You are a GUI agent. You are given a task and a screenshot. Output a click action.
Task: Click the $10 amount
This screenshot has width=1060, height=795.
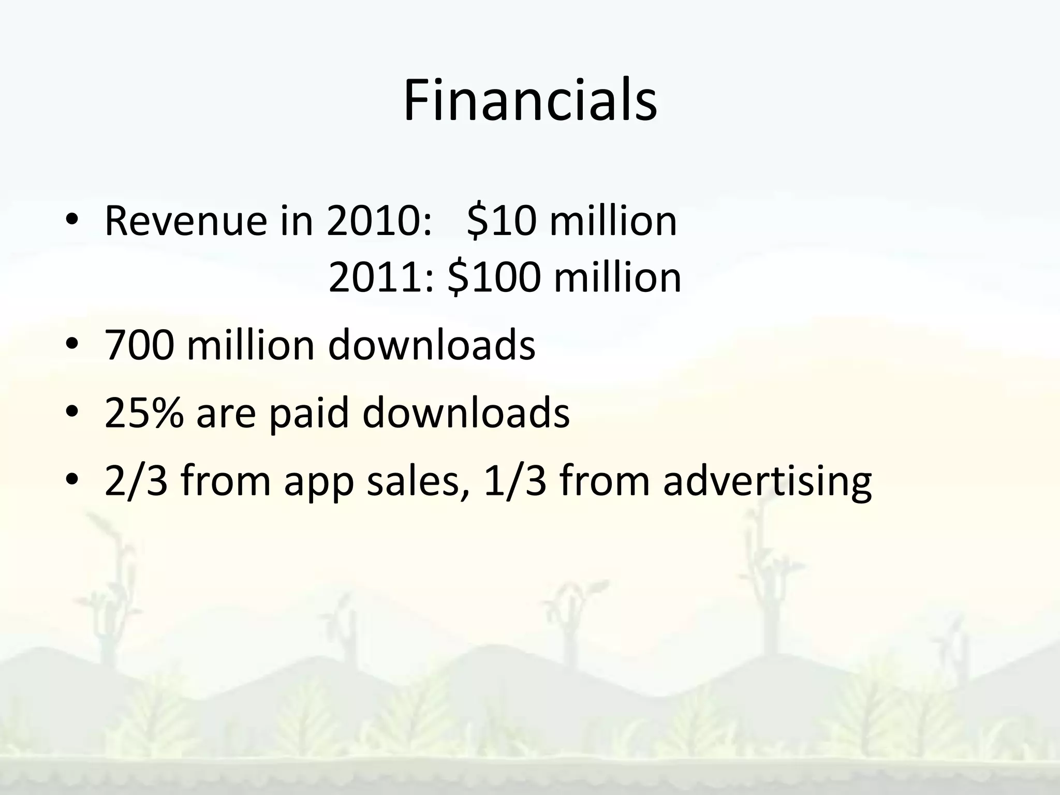point(501,221)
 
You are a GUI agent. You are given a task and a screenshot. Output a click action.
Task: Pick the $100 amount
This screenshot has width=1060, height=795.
point(494,277)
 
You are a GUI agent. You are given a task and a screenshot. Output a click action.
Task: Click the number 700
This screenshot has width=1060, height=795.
point(139,345)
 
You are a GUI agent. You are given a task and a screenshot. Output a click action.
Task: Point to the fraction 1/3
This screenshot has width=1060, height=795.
point(514,481)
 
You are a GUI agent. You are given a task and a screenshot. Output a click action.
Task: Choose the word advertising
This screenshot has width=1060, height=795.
point(768,481)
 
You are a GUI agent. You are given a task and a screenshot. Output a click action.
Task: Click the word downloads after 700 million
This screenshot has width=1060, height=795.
point(432,345)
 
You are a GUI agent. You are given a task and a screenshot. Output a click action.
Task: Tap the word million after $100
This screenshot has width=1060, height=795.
point(617,277)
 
